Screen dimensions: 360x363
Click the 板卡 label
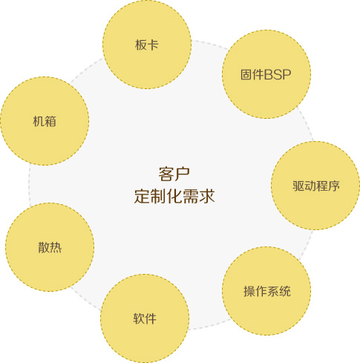[147, 45]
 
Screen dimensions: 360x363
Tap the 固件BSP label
[266, 74]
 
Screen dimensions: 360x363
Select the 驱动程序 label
[316, 186]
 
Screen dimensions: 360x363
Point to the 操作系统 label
[267, 291]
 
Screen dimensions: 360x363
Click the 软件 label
[145, 318]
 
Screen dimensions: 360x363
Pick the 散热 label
[50, 247]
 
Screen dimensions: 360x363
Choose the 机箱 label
[45, 121]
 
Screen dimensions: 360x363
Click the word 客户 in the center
[174, 174]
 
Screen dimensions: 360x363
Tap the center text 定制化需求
[174, 196]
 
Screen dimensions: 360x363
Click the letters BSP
[278, 74]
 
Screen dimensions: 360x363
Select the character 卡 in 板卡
[153, 45]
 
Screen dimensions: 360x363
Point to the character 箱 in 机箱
[50, 121]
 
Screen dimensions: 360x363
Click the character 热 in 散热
[56, 247]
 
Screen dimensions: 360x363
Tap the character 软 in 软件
[139, 318]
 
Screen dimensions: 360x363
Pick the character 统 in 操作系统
[285, 291]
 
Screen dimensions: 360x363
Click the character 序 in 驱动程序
[334, 186]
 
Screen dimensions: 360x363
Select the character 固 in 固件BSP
[246, 74]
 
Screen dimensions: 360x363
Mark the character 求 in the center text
[207, 196]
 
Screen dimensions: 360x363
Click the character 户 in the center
[183, 174]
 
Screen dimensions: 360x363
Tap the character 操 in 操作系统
[249, 291]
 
